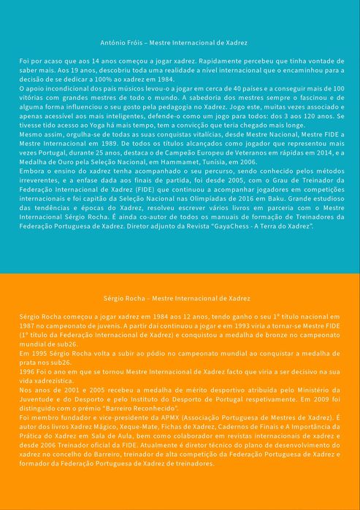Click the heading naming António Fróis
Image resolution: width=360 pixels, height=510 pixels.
[180, 44]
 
